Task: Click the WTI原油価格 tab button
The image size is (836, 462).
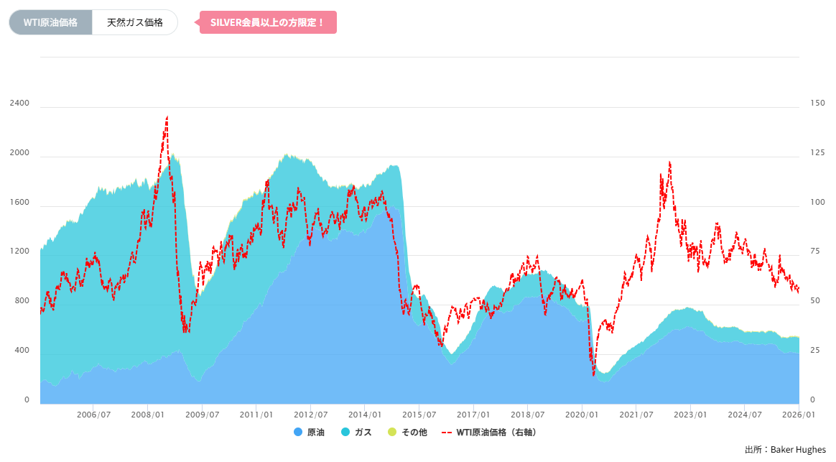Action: (x=50, y=22)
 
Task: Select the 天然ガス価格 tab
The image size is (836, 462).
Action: (x=135, y=22)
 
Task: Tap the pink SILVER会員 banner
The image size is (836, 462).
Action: (x=268, y=22)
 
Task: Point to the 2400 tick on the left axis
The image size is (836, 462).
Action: (x=19, y=103)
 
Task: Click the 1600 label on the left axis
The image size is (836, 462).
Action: (x=19, y=203)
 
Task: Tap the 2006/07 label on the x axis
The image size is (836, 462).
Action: (x=93, y=415)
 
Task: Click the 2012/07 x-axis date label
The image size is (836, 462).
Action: (x=310, y=415)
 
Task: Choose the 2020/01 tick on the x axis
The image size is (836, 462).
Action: (x=582, y=415)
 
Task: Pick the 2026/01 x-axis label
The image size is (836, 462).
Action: (x=799, y=415)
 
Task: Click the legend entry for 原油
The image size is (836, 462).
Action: (x=310, y=433)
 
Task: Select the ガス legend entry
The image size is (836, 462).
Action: (x=356, y=433)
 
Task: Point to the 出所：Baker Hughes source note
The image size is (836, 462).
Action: (x=785, y=450)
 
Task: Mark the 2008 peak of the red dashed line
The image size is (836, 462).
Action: (x=167, y=116)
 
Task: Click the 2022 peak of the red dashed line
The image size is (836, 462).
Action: (x=669, y=162)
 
